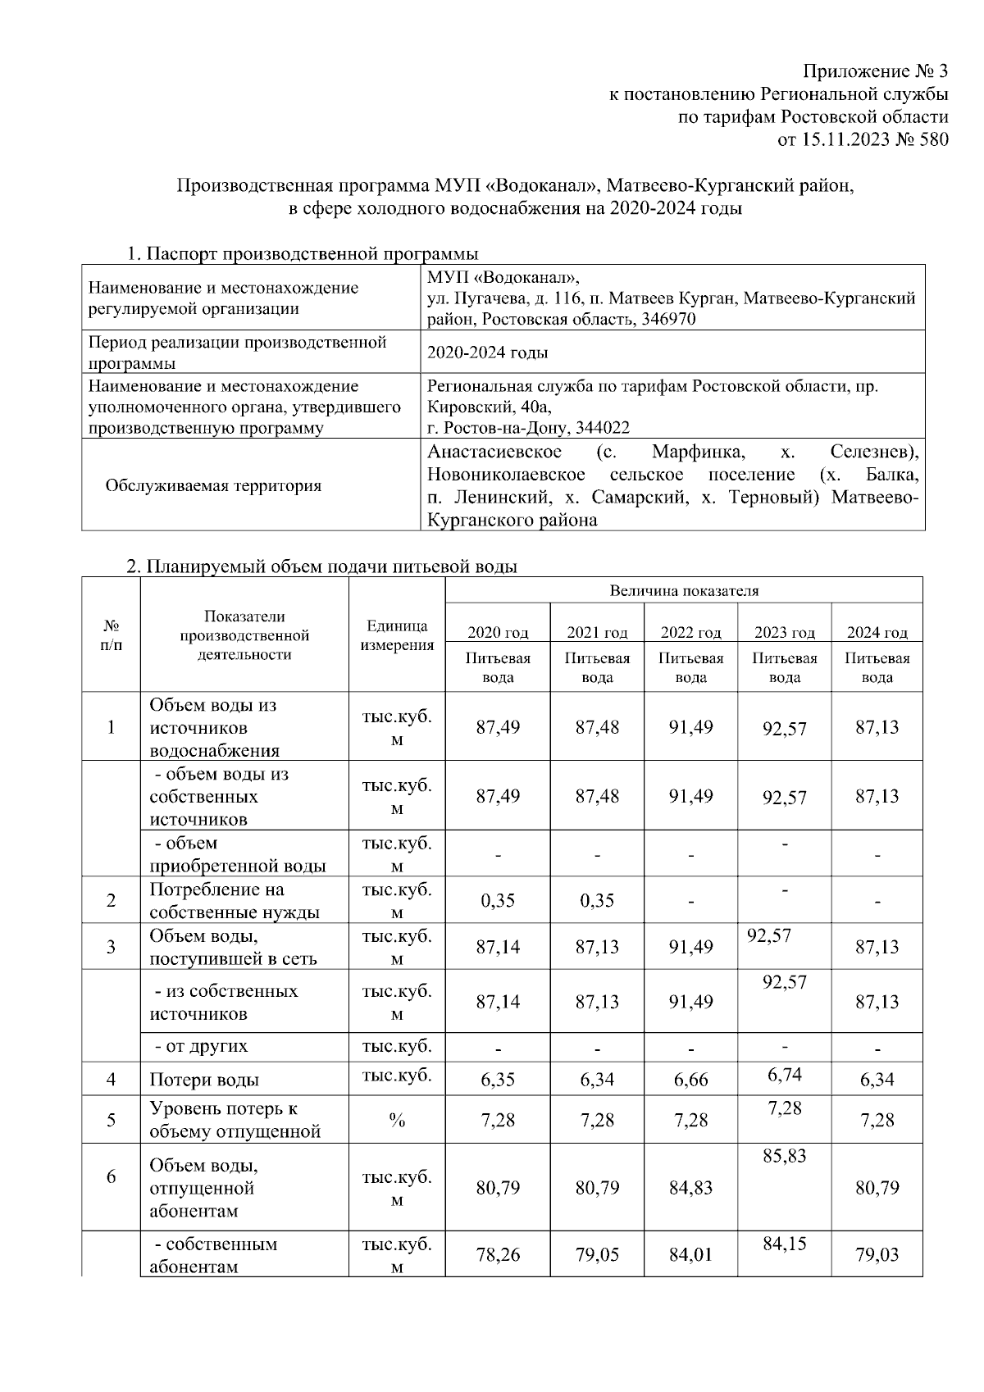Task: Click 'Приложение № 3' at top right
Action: (x=875, y=71)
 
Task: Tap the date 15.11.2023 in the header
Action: (x=844, y=140)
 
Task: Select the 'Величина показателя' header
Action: (x=684, y=590)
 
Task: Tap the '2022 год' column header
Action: (x=690, y=632)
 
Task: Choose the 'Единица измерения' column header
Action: (x=397, y=635)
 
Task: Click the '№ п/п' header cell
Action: (x=112, y=635)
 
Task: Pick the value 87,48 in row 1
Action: (x=597, y=727)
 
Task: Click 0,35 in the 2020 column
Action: (x=498, y=900)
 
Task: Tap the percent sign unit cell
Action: (x=397, y=1121)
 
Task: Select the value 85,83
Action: (x=785, y=1156)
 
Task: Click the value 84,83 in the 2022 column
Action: (x=690, y=1187)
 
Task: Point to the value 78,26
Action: (x=498, y=1254)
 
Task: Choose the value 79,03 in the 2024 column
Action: (x=877, y=1254)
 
